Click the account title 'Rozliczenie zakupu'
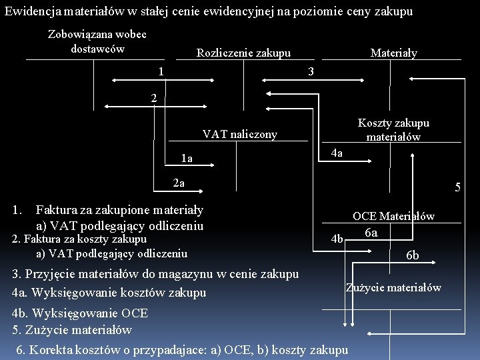coord(243,53)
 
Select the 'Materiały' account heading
coord(393,53)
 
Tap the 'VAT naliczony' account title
coord(239,135)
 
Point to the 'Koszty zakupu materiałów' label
coord(393,130)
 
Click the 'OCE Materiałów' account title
coord(393,216)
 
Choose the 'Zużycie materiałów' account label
coord(393,287)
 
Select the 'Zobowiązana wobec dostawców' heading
coord(97,41)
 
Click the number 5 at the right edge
coord(458,187)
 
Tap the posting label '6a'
coord(371,233)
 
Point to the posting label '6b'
coord(413,255)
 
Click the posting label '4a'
coord(337,153)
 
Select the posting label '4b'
coord(337,239)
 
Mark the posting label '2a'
coord(178,183)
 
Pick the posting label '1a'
coord(187,159)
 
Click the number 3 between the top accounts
coord(311,71)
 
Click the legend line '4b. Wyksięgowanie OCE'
coord(80,313)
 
